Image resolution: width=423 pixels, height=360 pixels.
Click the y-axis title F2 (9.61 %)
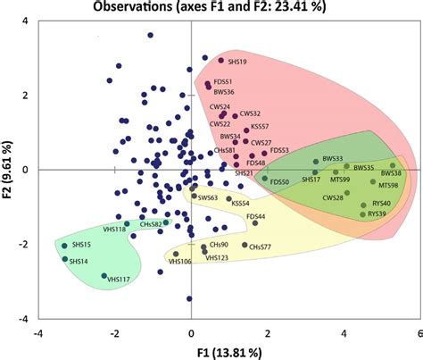pyautogui.click(x=9, y=170)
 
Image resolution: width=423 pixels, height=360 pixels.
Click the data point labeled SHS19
pyautogui.click(x=220, y=61)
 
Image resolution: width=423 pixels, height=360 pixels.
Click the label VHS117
pyautogui.click(x=119, y=280)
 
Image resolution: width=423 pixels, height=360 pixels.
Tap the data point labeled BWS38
pyautogui.click(x=392, y=165)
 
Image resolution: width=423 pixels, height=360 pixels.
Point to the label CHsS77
pyautogui.click(x=260, y=245)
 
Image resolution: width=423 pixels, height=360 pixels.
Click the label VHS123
pyautogui.click(x=217, y=257)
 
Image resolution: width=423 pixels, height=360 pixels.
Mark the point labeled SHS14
pyautogui.click(x=64, y=260)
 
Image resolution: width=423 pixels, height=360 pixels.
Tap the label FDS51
pyautogui.click(x=220, y=81)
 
